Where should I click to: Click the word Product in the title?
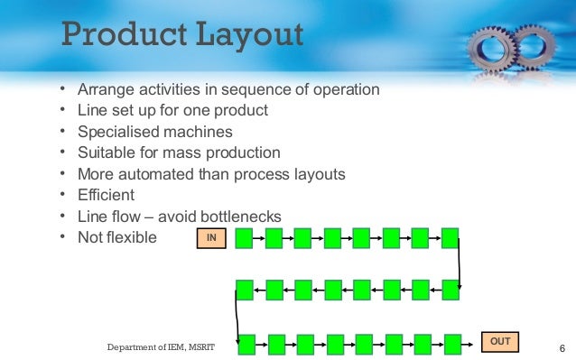(x=118, y=37)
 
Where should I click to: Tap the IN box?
(x=211, y=237)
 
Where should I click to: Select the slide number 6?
(x=562, y=348)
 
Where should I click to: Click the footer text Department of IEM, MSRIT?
(x=162, y=347)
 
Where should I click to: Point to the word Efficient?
(x=106, y=194)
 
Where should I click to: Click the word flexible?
(x=133, y=237)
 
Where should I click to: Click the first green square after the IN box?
(x=244, y=238)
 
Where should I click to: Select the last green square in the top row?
(x=449, y=238)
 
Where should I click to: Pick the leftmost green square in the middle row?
(x=244, y=290)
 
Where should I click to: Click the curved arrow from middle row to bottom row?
(x=236, y=316)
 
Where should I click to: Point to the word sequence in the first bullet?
(x=260, y=90)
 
